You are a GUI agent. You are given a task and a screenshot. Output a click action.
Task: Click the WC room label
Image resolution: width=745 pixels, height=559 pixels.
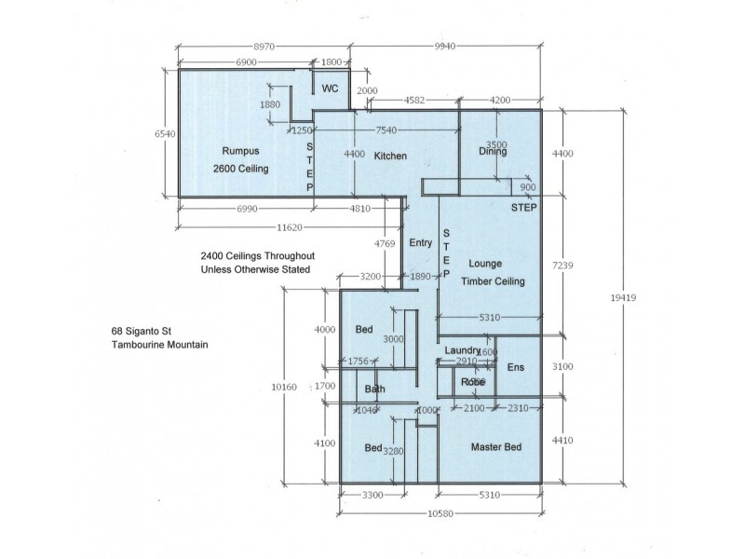330,89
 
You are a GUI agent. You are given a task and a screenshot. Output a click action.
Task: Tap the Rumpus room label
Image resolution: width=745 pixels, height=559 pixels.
239,151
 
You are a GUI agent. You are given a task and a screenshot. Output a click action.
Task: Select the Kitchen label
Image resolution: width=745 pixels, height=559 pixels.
390,156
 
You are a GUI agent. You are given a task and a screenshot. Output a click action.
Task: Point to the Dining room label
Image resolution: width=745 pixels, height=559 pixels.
493,152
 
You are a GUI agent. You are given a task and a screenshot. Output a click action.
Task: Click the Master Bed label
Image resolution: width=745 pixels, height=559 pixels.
495,447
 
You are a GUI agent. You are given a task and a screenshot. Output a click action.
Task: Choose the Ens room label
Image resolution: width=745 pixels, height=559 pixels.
515,368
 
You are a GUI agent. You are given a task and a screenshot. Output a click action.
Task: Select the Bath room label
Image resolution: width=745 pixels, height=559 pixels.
375,389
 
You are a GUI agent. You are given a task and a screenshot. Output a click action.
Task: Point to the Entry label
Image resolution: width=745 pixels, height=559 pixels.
421,242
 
